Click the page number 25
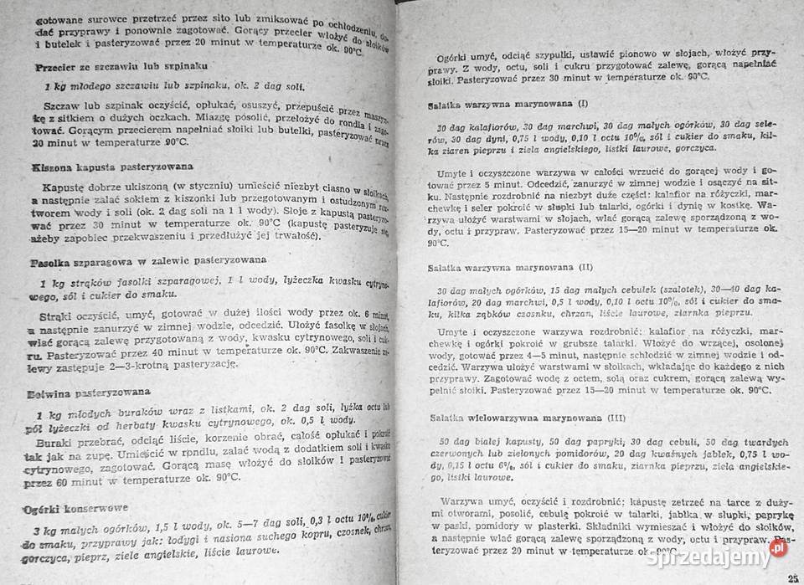coord(792,577)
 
